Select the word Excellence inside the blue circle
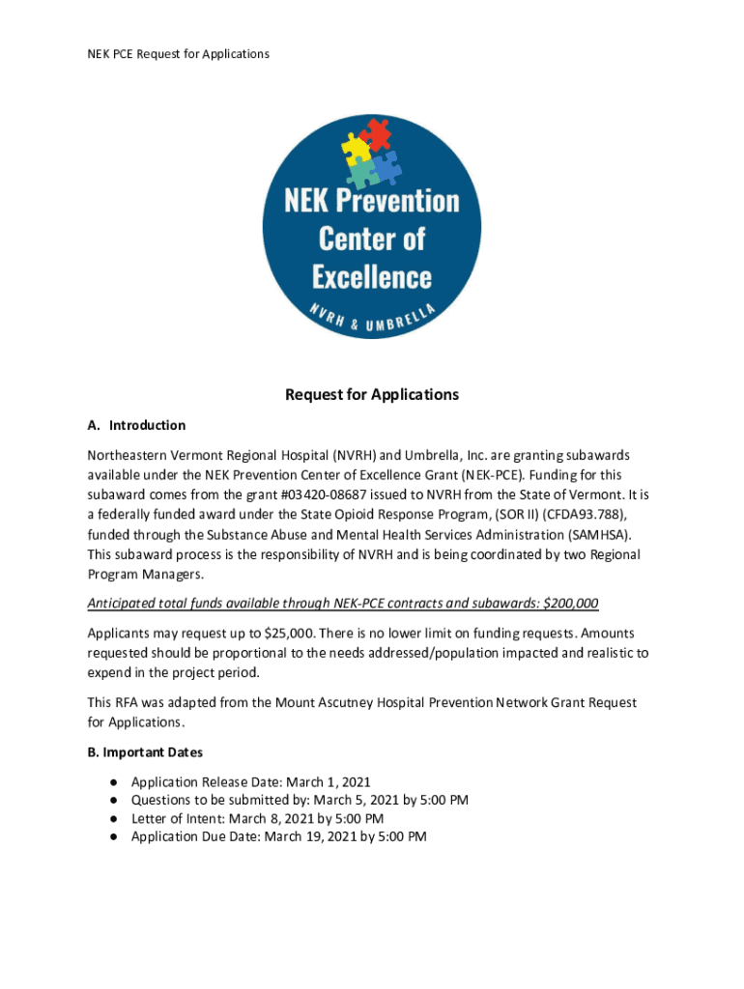point(372,277)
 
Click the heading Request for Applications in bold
point(371,395)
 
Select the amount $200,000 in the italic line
point(571,604)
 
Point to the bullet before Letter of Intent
point(114,818)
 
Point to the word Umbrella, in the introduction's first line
point(425,454)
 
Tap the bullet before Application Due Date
point(114,836)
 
